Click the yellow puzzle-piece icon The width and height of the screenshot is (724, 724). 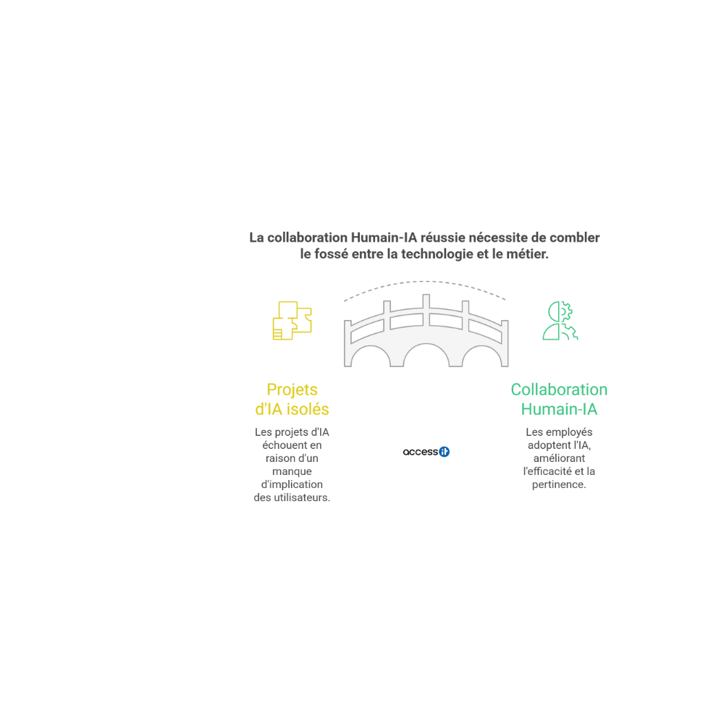point(292,321)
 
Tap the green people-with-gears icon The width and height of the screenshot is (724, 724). point(560,321)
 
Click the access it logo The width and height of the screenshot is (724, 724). point(426,452)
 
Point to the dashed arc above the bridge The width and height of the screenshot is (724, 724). point(425,281)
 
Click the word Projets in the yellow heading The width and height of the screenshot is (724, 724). point(292,390)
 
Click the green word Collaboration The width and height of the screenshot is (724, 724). point(559,390)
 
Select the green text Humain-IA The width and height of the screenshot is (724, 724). point(559,409)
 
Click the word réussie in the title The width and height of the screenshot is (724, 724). point(443,237)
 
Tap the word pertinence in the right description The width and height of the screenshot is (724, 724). point(559,484)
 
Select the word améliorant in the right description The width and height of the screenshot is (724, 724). point(559,458)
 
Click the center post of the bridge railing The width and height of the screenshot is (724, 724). point(426,311)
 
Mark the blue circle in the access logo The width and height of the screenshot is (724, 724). point(445,452)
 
